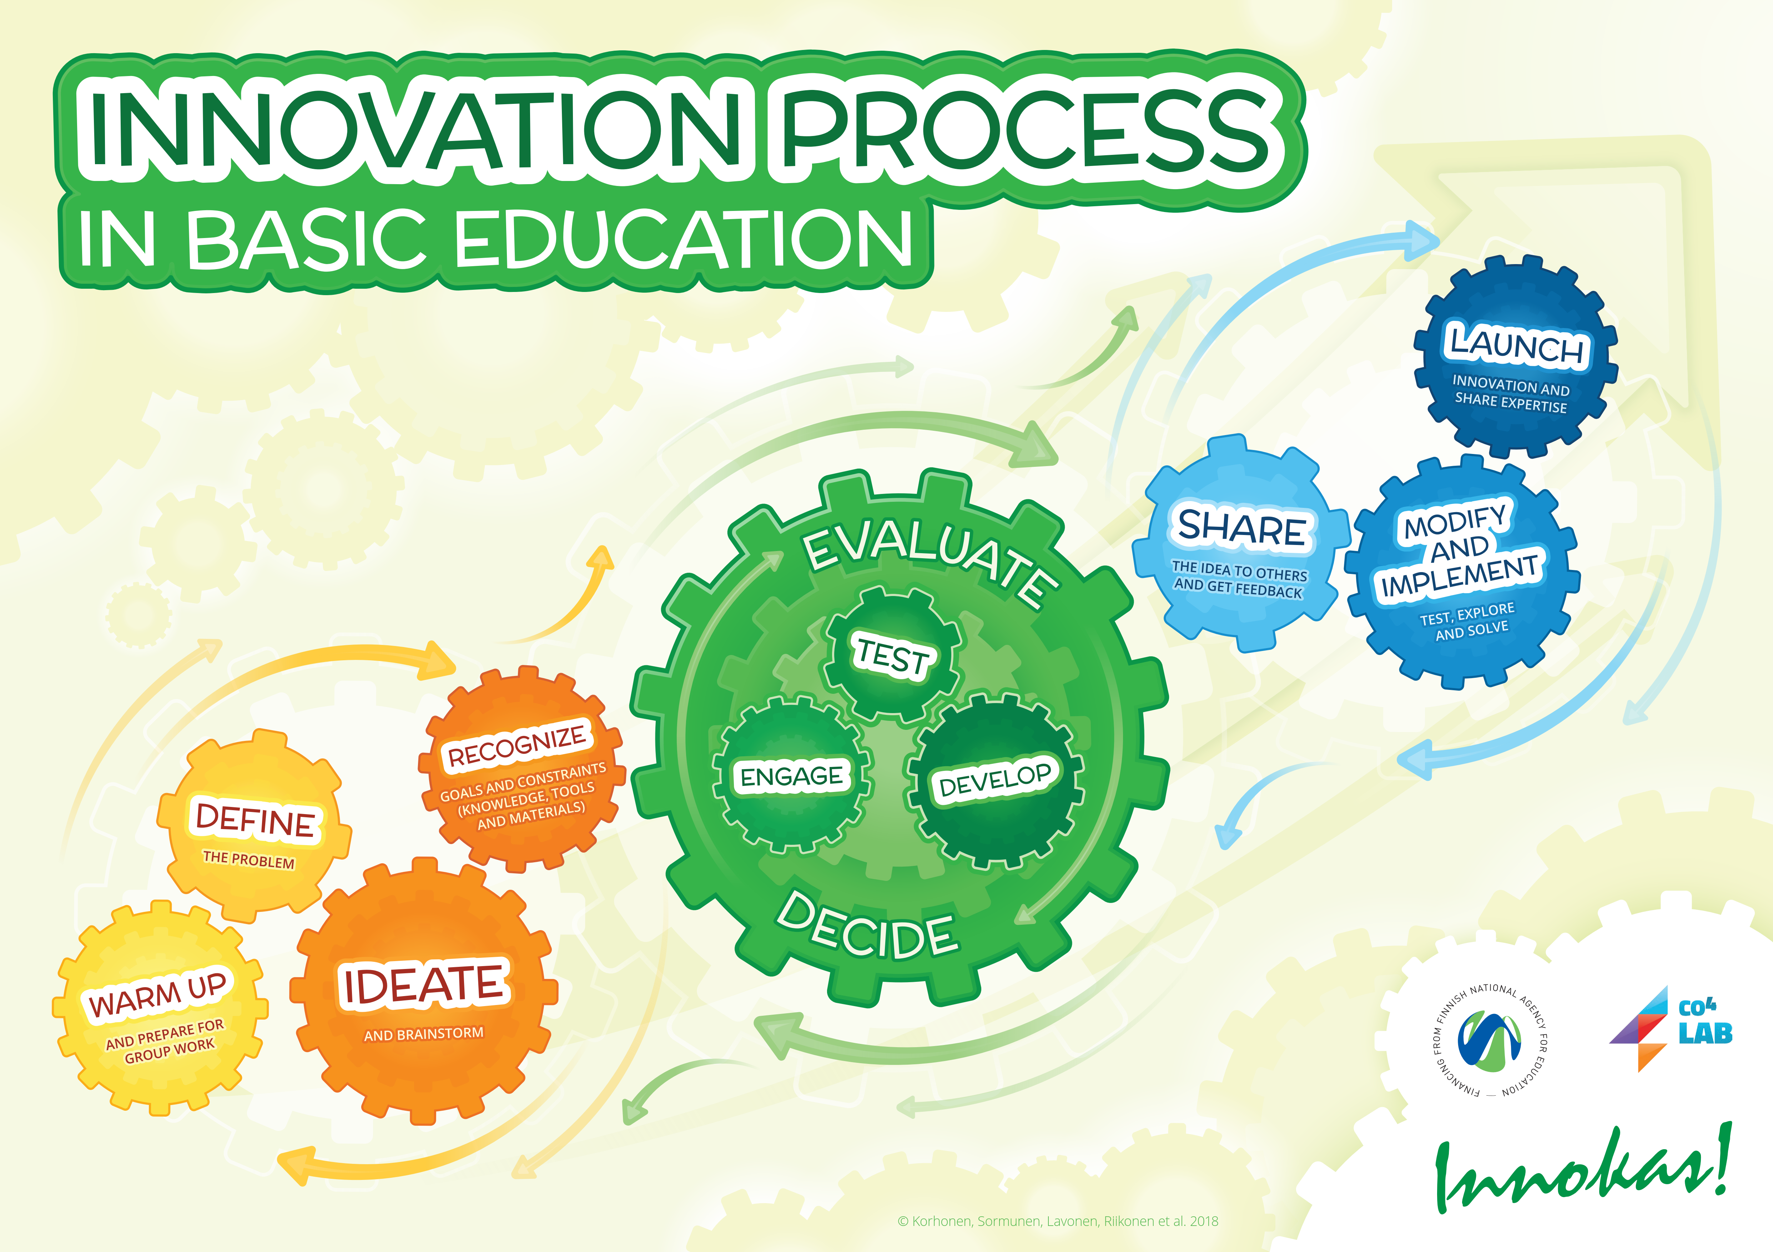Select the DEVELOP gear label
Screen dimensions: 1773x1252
coord(994,779)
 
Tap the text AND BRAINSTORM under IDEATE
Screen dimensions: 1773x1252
coord(424,1034)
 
